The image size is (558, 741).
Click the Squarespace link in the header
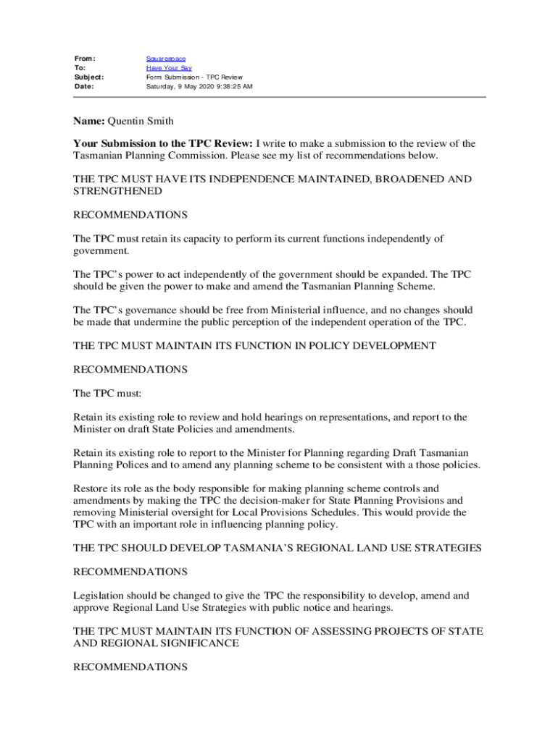point(165,58)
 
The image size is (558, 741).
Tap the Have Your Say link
point(169,67)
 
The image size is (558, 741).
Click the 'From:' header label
point(86,58)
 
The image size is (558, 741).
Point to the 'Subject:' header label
point(89,77)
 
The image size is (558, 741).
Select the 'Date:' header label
point(85,86)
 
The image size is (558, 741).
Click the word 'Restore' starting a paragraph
point(91,488)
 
